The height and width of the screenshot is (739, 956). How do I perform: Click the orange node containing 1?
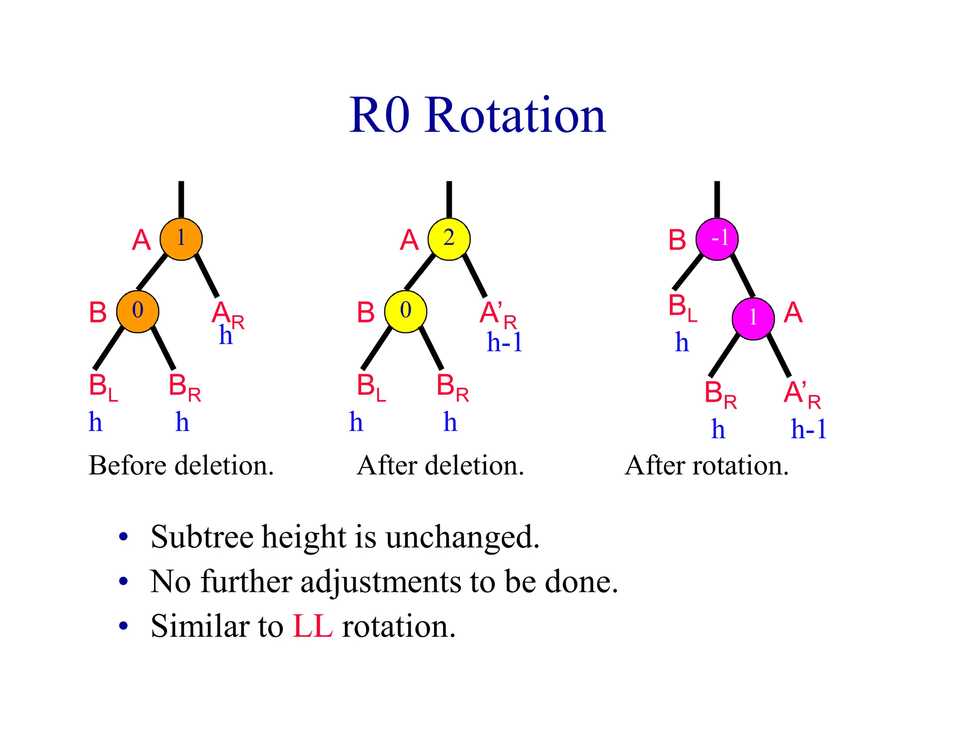tap(181, 239)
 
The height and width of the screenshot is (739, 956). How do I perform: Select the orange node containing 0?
tap(138, 311)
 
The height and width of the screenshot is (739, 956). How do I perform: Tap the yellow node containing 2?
tap(449, 239)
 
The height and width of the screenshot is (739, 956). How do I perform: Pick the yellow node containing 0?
tap(406, 311)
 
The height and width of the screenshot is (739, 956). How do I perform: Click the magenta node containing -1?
tap(717, 239)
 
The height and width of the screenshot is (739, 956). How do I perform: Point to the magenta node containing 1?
tap(753, 319)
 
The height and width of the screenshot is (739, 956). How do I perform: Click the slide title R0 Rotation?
tap(478, 115)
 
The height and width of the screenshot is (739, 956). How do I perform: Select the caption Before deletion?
tap(181, 466)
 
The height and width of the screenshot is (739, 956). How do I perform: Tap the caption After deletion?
tap(440, 466)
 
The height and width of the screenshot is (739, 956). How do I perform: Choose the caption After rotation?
tap(707, 466)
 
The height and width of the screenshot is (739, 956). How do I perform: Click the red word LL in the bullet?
tap(312, 626)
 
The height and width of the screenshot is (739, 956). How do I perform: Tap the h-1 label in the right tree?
tap(808, 429)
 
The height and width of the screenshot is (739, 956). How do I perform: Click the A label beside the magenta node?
tap(793, 313)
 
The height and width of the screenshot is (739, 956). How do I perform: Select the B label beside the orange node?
tap(98, 313)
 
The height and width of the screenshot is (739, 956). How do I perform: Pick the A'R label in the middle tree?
tap(498, 314)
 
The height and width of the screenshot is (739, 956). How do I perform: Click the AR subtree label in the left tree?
tap(227, 314)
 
